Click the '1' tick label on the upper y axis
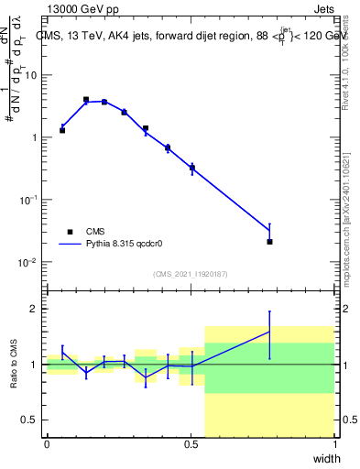34,137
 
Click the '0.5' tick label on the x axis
191,444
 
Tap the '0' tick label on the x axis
47,444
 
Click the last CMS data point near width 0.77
269,242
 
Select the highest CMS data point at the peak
86,99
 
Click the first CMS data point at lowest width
62,130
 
